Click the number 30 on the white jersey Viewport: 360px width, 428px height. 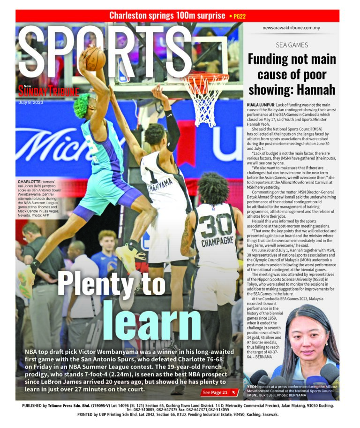pos(216,228)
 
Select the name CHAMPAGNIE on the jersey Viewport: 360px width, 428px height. pos(217,244)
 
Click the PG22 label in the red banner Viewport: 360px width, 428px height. pos(238,16)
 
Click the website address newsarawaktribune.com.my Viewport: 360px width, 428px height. pos(291,28)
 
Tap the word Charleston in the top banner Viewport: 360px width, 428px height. pos(134,15)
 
